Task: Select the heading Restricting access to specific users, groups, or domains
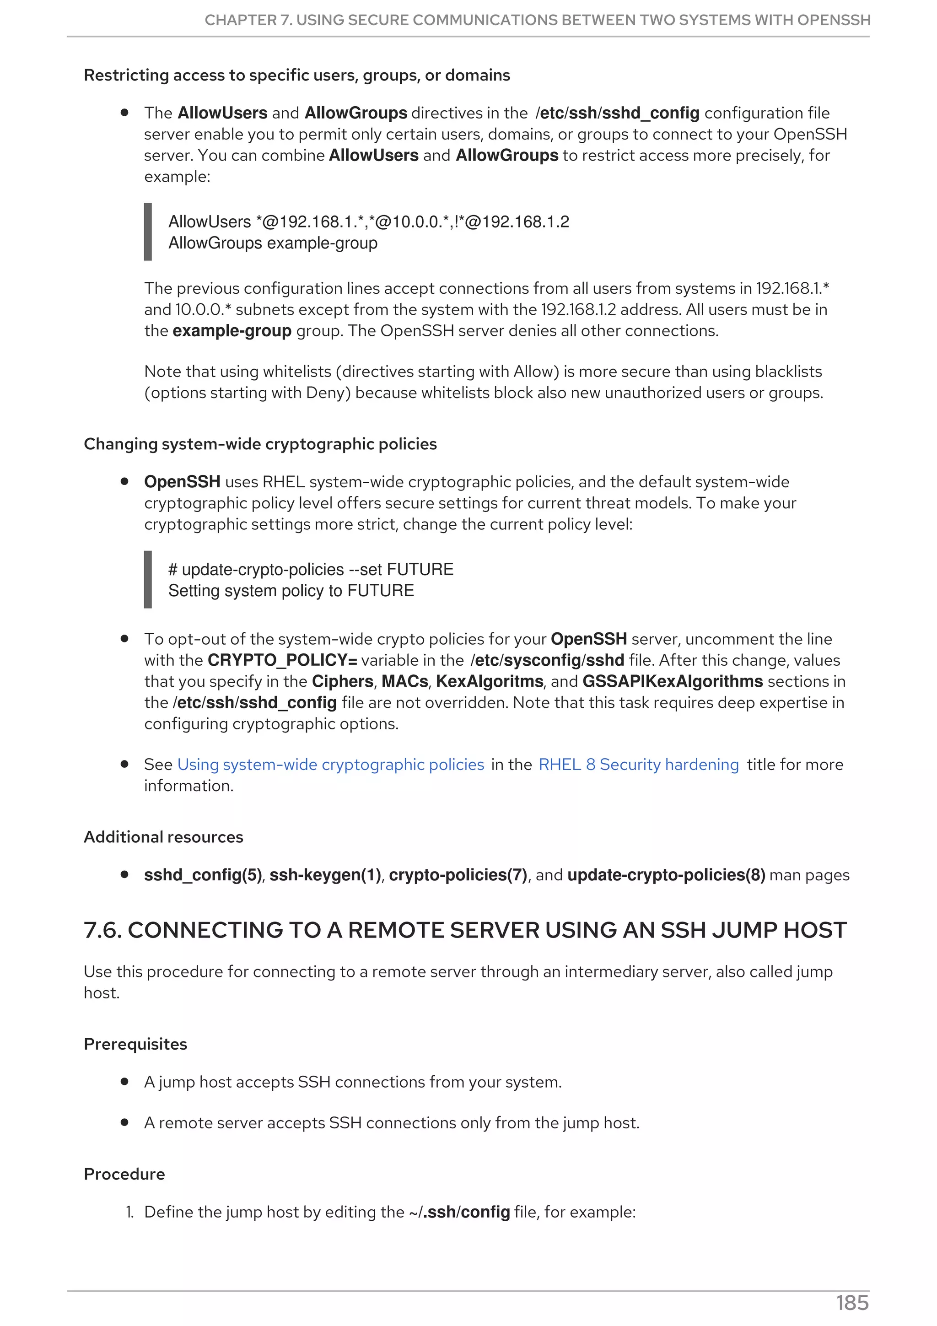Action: click(297, 75)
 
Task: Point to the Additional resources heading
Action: click(163, 837)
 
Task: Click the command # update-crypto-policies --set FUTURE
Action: click(311, 570)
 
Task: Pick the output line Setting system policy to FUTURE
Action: click(291, 591)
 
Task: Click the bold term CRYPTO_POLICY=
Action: click(282, 660)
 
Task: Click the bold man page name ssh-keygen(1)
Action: click(325, 875)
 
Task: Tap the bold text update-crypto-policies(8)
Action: click(666, 875)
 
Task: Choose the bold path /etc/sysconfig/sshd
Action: click(547, 660)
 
